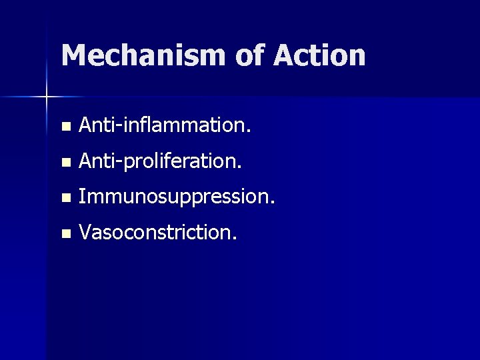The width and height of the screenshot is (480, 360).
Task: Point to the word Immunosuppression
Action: pyautogui.click(x=175, y=197)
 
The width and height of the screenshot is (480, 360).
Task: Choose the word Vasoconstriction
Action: pyautogui.click(x=157, y=233)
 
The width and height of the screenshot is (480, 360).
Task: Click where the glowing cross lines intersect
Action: pyautogui.click(x=46, y=97)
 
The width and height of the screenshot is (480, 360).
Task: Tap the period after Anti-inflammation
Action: pyautogui.click(x=249, y=131)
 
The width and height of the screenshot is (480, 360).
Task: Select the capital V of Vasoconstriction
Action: pyautogui.click(x=85, y=233)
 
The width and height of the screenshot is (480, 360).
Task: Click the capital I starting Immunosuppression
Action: pyautogui.click(x=81, y=197)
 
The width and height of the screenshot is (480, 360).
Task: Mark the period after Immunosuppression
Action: pyautogui.click(x=271, y=203)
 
